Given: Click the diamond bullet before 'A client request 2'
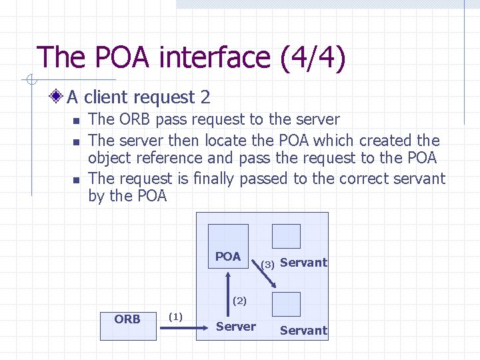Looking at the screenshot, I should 58,97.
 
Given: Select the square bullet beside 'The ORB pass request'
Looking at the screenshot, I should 76,121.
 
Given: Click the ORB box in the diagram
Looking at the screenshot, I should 127,325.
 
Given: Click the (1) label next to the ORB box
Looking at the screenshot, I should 176,315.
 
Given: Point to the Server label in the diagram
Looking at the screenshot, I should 235,326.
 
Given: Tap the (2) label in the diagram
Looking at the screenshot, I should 239,301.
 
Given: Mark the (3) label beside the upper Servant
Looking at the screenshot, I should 268,264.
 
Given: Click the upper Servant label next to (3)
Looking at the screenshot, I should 303,263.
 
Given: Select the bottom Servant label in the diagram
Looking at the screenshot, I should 303,330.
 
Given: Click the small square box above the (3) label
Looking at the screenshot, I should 288,236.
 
